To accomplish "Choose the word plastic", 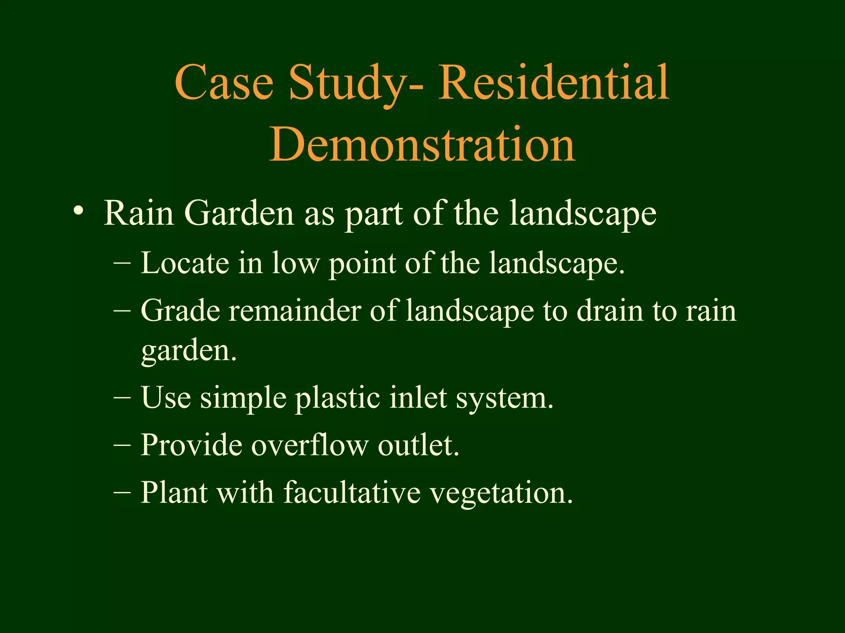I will (x=338, y=399).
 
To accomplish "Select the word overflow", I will (x=309, y=445).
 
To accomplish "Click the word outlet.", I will (x=418, y=445).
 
